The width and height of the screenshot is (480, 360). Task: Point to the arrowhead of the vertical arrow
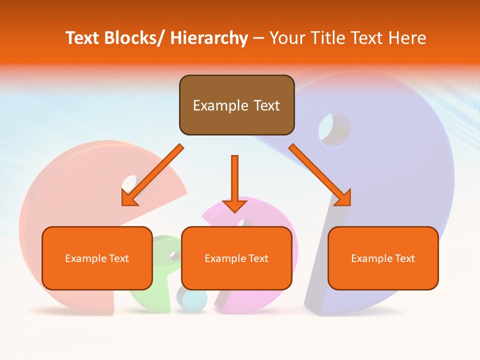point(234,205)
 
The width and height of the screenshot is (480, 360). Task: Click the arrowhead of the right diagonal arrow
point(344,198)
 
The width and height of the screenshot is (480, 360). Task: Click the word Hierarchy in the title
point(209,38)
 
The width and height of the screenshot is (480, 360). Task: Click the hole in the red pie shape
point(129,183)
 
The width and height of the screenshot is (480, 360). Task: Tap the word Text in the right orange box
point(404,258)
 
